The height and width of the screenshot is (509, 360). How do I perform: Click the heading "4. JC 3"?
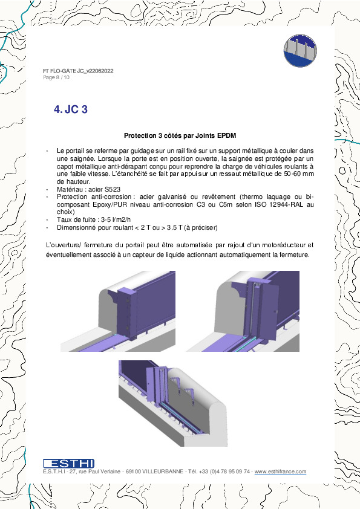click(x=71, y=109)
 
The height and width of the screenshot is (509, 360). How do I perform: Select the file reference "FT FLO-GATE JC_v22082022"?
click(x=78, y=71)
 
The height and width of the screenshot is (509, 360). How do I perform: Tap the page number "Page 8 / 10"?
click(x=56, y=77)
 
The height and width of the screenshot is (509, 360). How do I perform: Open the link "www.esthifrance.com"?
click(x=280, y=472)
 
